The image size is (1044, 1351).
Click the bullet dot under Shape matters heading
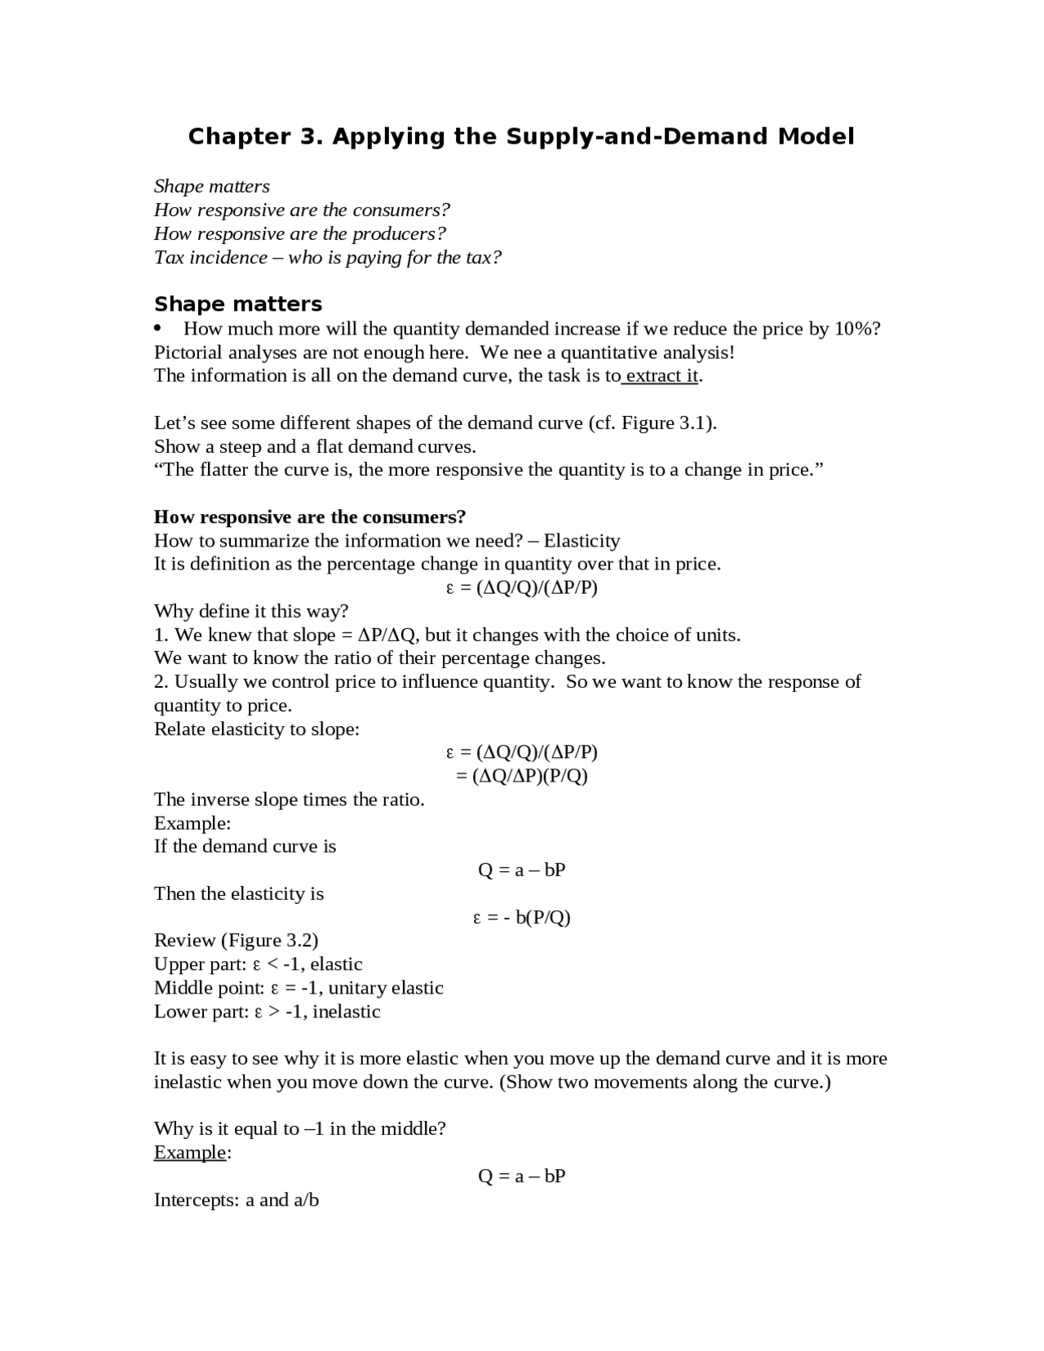coord(160,329)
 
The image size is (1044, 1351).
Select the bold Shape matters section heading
coord(237,304)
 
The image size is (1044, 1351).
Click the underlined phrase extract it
coord(661,376)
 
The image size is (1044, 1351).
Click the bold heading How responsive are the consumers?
coord(310,517)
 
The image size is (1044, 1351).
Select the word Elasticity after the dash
coord(582,541)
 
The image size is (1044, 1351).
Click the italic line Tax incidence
coord(327,258)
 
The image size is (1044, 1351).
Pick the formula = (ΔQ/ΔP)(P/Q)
coord(522,776)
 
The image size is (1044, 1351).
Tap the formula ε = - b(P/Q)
coord(522,918)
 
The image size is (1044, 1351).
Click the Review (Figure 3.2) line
coord(237,941)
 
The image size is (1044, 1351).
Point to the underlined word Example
coord(190,1153)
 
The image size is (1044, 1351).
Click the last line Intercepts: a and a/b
coord(237,1200)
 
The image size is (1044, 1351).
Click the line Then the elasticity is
coord(239,894)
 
